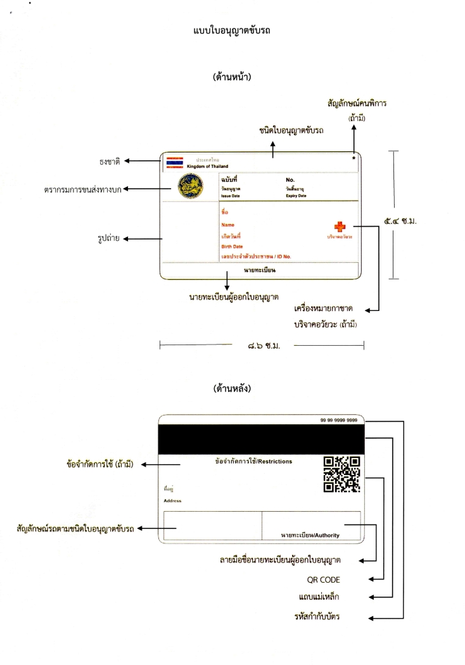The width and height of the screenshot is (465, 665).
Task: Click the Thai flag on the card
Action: (174, 161)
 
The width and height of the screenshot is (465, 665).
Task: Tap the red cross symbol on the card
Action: (340, 226)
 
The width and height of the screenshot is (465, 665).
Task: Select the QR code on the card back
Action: (341, 474)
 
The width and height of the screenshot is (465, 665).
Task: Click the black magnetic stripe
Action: (260, 439)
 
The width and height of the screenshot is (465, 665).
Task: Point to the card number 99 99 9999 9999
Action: (338, 420)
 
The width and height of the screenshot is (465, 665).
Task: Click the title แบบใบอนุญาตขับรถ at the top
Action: (232, 30)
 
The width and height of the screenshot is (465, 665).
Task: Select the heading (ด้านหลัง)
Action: (232, 389)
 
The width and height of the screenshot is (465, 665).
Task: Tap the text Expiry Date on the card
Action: (296, 196)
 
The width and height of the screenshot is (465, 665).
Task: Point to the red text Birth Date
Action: (232, 246)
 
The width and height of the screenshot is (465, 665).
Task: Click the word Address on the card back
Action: (172, 500)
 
